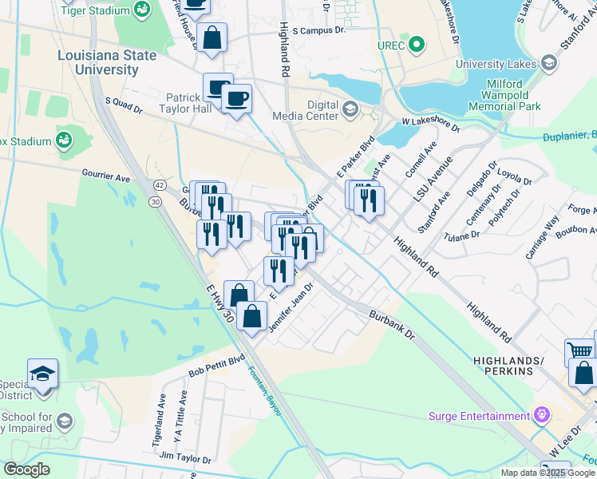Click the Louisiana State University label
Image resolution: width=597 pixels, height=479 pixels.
pyautogui.click(x=97, y=62)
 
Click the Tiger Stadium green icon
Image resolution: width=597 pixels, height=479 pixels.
pyautogui.click(x=143, y=9)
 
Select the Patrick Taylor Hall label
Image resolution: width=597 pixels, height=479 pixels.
pyautogui.click(x=188, y=102)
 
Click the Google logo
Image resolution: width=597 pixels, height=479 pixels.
pyautogui.click(x=26, y=469)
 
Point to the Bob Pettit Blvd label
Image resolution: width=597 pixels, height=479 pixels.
pyautogui.click(x=216, y=366)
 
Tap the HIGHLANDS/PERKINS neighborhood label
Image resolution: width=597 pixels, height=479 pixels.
pyautogui.click(x=513, y=366)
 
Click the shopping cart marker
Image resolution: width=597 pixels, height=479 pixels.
pyautogui.click(x=579, y=351)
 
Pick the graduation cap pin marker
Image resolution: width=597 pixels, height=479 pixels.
pyautogui.click(x=42, y=374)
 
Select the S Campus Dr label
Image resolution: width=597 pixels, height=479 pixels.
pyautogui.click(x=318, y=30)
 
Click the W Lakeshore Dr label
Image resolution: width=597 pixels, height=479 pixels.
pyautogui.click(x=431, y=124)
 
